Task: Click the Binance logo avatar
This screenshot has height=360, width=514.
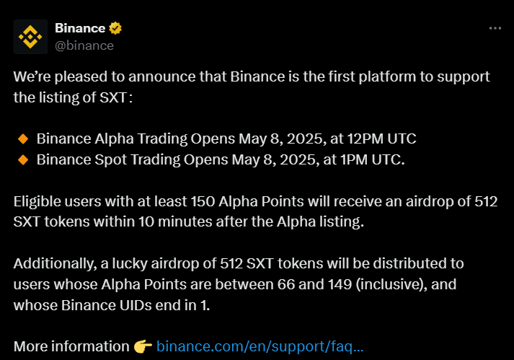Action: coord(30,37)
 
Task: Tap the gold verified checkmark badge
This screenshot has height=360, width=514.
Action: coord(115,28)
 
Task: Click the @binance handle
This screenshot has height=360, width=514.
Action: coord(84,45)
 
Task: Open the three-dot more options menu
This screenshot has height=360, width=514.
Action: coord(495,28)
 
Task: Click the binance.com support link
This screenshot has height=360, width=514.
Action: coord(260,346)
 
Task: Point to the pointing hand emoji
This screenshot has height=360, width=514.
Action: coord(143,346)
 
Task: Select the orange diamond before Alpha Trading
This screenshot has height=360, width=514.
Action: coord(23,139)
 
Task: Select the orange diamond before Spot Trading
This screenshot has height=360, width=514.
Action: coord(23,160)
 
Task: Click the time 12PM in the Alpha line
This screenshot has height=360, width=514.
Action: coord(365,139)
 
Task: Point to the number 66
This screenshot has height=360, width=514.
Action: coord(286,284)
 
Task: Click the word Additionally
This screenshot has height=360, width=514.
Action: coord(55,264)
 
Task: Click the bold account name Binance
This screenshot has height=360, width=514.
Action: coord(80,28)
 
